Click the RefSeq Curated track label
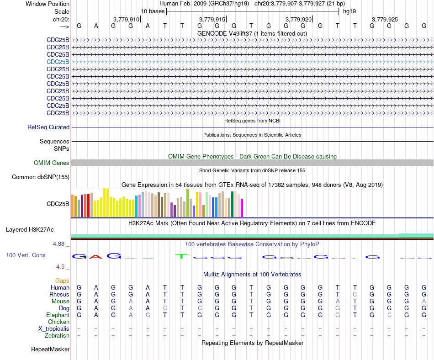48,127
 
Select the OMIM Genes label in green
52,163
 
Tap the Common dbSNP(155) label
41,177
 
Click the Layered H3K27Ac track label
30,230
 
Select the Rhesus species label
59,294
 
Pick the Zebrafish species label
57,336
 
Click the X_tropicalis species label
54,329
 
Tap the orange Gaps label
62,281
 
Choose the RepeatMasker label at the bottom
50,349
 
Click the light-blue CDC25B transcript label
58,62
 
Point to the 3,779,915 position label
212,19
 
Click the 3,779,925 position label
385,19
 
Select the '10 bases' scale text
153,11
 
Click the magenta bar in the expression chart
242,208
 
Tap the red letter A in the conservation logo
96,256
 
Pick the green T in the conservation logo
181,256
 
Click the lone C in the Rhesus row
355,294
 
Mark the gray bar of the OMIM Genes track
253,163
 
